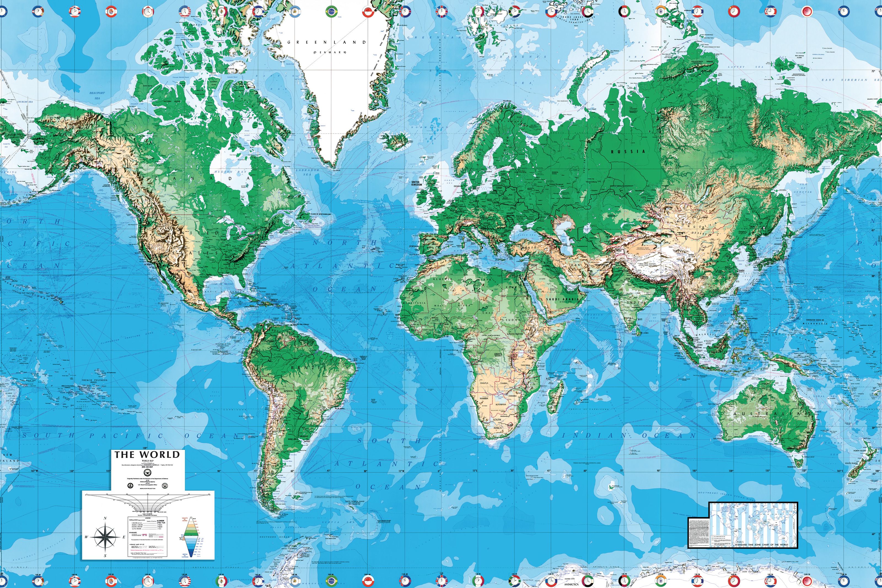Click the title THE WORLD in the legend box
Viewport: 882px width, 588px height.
[147, 455]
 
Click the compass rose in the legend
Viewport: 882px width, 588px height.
[105, 537]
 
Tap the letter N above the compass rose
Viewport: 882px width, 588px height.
[105, 518]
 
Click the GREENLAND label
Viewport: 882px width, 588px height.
[326, 42]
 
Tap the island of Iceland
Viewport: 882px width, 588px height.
[394, 141]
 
